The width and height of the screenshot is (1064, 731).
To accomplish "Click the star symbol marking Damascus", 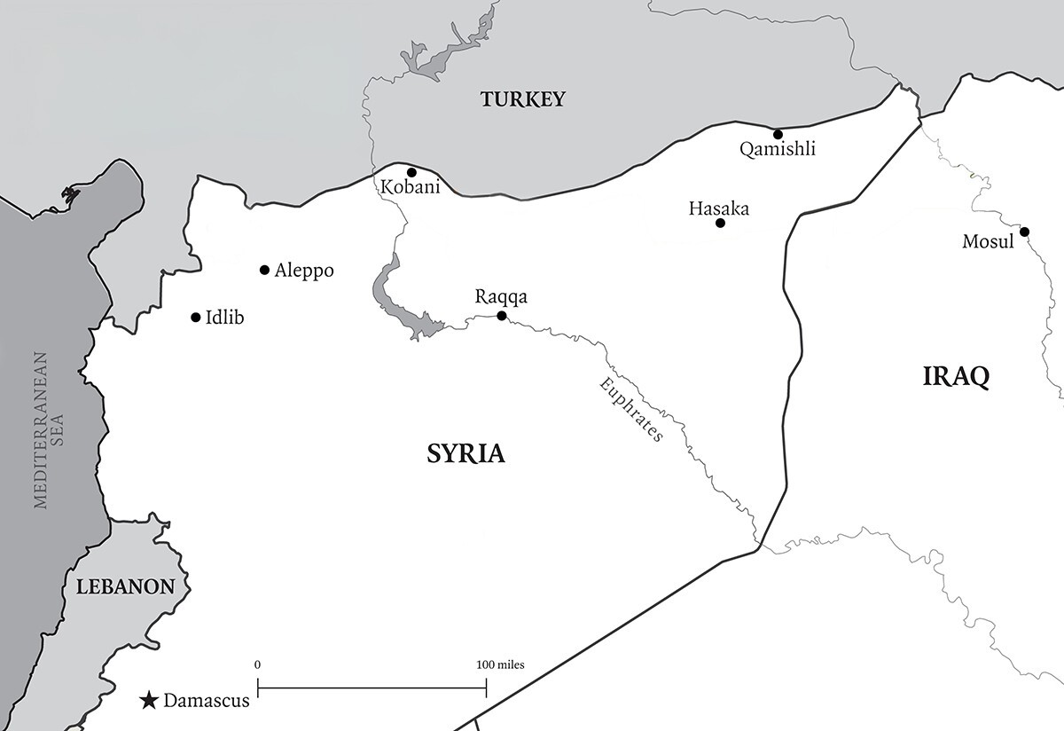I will tap(149, 702).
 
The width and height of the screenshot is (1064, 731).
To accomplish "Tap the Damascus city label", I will tap(206, 701).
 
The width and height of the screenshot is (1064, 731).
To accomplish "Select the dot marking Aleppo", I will tap(264, 270).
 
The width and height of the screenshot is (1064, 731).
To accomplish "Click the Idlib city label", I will tap(224, 318).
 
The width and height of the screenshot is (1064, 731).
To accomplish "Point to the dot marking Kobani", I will tap(411, 172).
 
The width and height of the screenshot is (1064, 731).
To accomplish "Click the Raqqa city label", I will tap(501, 297).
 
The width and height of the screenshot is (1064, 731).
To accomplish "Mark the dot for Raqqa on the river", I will tap(501, 316).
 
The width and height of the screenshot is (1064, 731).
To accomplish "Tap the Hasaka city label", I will tap(718, 208).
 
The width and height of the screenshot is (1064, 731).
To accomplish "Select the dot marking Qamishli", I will tap(778, 135).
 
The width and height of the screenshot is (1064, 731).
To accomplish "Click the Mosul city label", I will tap(988, 241).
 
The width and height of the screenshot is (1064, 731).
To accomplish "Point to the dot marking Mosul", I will tap(1024, 232).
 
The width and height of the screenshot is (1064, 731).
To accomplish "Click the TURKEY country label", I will tap(522, 99).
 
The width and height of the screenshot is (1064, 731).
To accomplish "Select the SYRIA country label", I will tap(465, 454).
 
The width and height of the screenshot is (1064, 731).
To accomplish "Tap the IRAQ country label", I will tap(956, 376).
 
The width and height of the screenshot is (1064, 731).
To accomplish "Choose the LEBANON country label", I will tap(124, 586).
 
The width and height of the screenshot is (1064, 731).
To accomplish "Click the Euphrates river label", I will tap(631, 410).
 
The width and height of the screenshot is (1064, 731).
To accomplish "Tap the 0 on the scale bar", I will tap(257, 664).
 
